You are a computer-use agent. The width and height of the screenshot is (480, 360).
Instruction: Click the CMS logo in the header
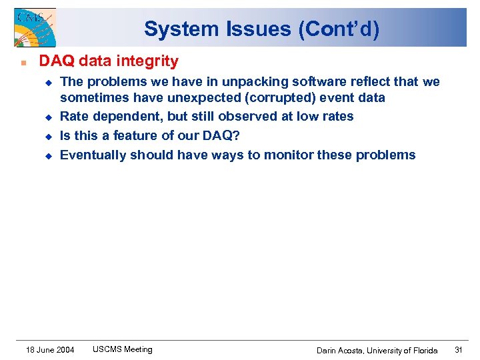pos(34,27)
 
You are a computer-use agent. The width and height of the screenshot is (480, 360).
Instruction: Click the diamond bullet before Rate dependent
pos(48,117)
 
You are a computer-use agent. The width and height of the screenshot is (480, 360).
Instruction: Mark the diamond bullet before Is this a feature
pos(48,136)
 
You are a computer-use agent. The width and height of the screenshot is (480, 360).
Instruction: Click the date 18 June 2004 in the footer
pos(50,349)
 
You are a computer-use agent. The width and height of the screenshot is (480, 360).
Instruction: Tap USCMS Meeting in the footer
pos(123,349)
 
